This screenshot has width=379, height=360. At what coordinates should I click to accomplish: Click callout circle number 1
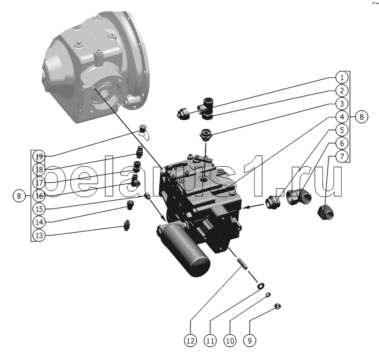342,77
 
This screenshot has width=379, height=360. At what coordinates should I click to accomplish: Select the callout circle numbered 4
342,117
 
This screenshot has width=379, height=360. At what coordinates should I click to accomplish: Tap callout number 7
342,156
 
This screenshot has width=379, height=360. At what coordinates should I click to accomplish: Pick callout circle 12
191,341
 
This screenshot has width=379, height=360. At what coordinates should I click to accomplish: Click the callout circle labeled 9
250,341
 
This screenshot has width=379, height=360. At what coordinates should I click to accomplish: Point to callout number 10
230,341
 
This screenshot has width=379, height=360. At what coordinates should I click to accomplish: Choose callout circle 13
39,235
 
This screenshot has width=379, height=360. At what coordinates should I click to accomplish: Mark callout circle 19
39,156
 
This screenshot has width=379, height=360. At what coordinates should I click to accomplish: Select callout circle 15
39,209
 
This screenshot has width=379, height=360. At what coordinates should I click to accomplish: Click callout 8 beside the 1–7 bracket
361,117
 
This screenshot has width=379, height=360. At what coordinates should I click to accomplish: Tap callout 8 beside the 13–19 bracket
19,196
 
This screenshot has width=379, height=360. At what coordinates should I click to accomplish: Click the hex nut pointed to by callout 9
278,306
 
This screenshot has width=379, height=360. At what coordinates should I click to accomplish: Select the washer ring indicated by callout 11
260,286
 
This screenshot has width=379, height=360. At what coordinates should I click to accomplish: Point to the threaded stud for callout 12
242,264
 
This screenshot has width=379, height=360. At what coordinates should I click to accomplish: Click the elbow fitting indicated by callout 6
299,197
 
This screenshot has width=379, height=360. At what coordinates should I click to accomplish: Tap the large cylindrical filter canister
183,249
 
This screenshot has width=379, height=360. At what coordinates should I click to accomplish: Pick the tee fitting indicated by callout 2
205,109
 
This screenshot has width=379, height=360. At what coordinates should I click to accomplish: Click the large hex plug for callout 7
326,212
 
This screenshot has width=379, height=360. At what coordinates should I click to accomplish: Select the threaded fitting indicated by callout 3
206,135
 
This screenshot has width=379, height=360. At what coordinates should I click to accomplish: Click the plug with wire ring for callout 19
144,132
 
